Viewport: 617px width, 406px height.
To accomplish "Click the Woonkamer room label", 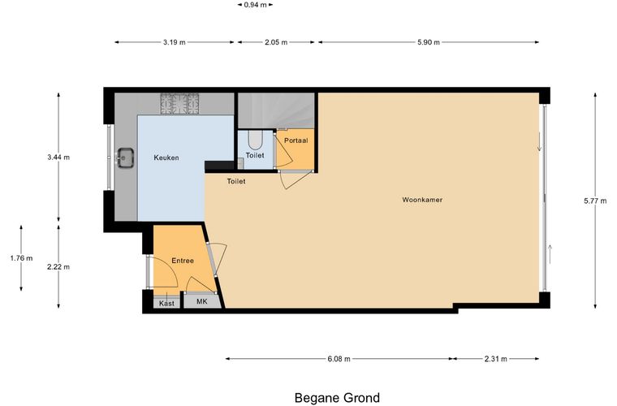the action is click(x=422, y=200).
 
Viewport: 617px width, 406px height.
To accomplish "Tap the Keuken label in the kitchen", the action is click(x=166, y=158).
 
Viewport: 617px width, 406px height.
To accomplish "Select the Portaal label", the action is click(x=296, y=140).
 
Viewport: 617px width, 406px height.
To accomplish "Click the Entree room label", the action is click(x=183, y=261).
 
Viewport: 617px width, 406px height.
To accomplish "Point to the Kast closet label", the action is click(x=167, y=304).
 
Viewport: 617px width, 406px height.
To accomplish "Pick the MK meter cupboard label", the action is click(x=202, y=302).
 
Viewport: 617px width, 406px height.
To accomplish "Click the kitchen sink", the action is click(x=126, y=158).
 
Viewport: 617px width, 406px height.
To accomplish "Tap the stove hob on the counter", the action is click(x=179, y=104).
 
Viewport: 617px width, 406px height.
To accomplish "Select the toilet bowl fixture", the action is click(x=255, y=140).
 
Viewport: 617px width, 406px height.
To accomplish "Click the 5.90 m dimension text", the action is click(x=429, y=42).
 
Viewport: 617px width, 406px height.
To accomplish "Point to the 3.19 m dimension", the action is click(x=175, y=42).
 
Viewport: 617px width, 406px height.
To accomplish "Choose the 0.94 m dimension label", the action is click(x=256, y=5).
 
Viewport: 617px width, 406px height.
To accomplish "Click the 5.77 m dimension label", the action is click(x=595, y=201).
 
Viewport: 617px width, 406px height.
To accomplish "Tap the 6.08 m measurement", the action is click(x=339, y=359).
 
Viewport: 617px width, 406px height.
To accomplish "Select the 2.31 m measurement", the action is click(x=496, y=359).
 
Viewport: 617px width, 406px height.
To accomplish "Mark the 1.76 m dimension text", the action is click(x=21, y=258).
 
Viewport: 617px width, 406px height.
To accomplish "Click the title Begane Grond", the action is click(x=337, y=398).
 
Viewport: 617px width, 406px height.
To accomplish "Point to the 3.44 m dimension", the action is click(x=58, y=158).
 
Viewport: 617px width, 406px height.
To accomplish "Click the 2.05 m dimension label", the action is click(x=276, y=42).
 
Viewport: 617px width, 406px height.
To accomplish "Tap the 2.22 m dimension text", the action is click(x=58, y=266).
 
